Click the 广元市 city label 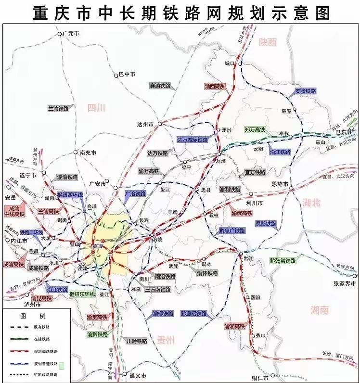71,34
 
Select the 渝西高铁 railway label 215,87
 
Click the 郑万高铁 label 255,129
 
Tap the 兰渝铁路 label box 58,109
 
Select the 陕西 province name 268,42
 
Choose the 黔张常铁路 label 283,260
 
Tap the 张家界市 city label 346,284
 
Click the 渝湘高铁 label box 235,326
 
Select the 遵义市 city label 138,375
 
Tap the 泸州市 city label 33,304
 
